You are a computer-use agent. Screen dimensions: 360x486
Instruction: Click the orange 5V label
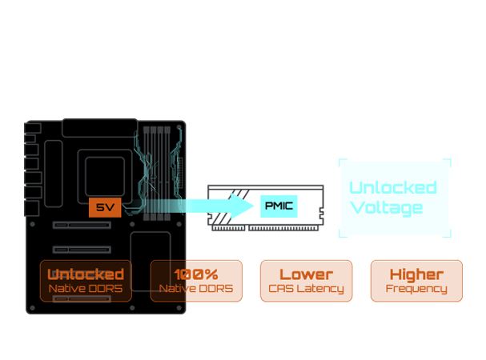click(105, 207)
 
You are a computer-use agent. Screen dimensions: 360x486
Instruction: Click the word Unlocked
click(85, 274)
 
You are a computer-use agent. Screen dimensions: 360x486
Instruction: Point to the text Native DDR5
click(85, 288)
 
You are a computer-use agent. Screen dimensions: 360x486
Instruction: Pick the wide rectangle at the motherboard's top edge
click(99, 126)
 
